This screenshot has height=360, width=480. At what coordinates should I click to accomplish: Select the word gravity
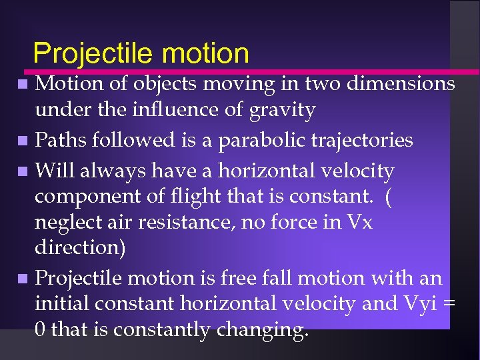(282, 109)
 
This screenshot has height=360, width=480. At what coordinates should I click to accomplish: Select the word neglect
(65, 223)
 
